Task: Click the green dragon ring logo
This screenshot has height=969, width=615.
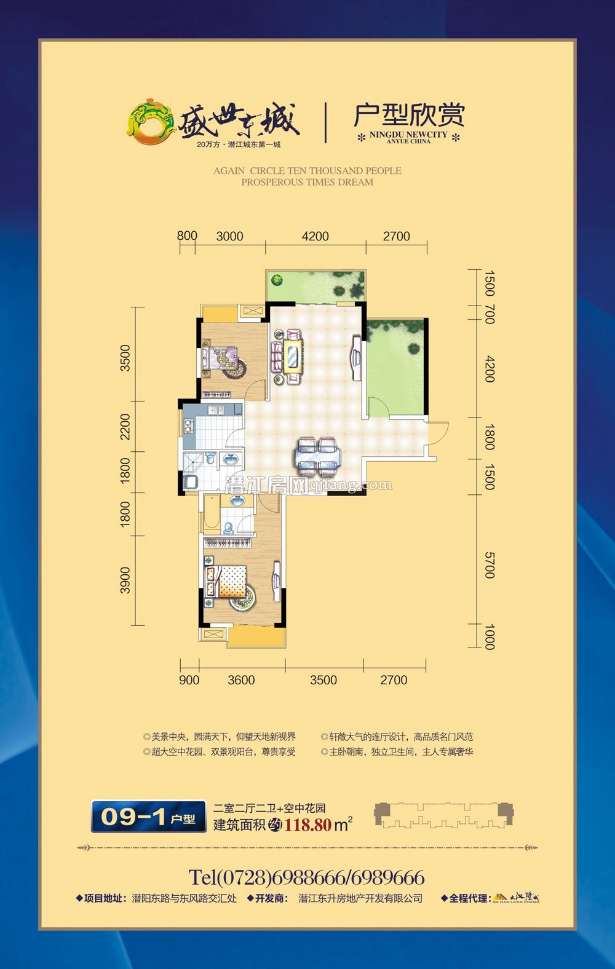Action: point(151,121)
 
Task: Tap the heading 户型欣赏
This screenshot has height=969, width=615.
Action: point(409,115)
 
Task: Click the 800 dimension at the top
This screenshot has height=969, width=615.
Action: point(187,236)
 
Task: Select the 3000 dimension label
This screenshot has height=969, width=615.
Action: point(229,237)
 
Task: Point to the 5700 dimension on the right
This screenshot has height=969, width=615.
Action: point(490,565)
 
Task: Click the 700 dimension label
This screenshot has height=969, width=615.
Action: point(490,314)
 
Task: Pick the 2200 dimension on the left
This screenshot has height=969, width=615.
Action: point(125,427)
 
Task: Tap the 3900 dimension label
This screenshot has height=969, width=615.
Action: point(125,580)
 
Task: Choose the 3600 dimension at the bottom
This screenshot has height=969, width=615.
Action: point(241,680)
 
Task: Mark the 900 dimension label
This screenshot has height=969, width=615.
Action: point(189,680)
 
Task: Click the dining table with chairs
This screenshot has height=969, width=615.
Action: point(317,456)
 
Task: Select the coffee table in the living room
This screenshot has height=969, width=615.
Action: point(292,357)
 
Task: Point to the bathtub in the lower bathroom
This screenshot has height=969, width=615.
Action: point(211,513)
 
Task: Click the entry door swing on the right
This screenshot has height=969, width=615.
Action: point(438,433)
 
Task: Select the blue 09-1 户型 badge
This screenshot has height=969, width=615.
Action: point(149,817)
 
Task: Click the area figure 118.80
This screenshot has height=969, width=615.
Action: point(307,825)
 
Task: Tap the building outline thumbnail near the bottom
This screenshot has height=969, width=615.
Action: point(443,816)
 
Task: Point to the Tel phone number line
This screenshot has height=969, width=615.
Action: point(306,877)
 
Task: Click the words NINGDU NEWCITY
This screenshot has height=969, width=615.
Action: point(408,135)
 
